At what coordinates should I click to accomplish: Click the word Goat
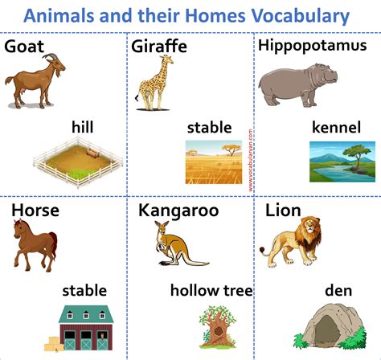24,46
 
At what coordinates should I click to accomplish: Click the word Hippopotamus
311,45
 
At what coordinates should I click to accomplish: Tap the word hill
83,126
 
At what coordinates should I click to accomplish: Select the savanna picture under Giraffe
213,158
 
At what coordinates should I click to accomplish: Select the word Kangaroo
178,211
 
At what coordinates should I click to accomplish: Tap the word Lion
283,211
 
